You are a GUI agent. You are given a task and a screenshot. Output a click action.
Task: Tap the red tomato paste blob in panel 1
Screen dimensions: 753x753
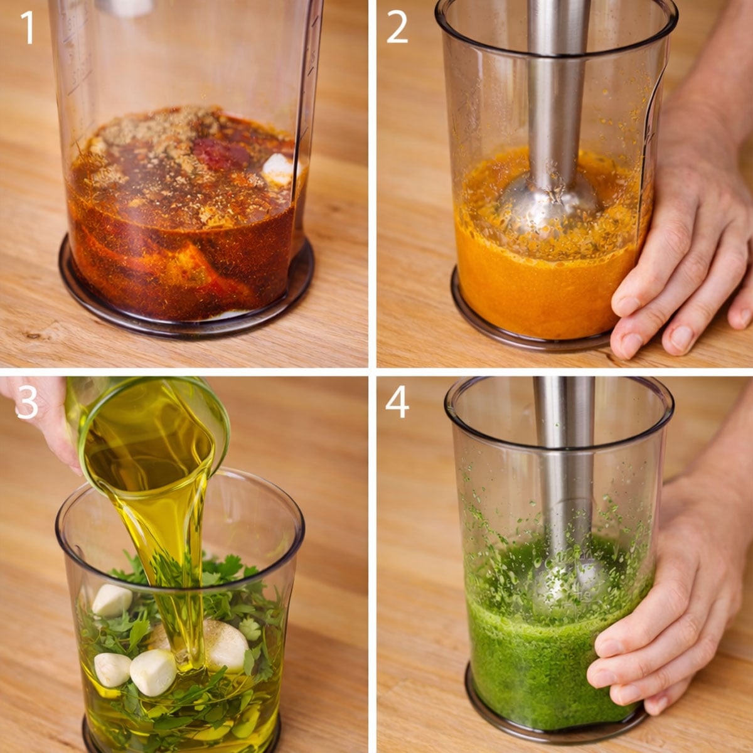(x=221, y=153)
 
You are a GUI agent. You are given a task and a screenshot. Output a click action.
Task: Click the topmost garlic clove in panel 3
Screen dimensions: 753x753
(x=112, y=600)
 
